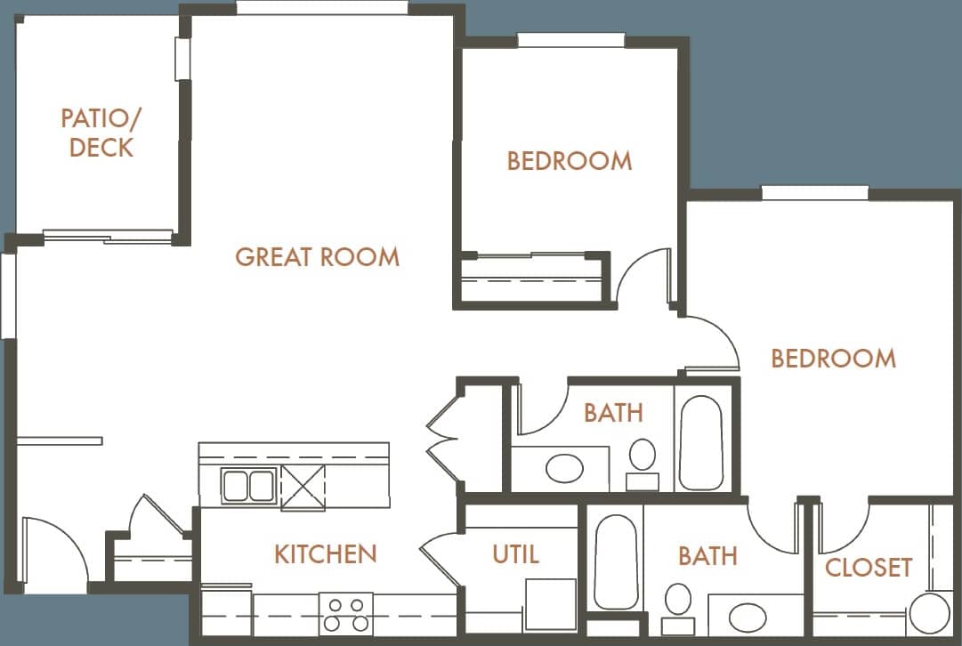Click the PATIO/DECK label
point(101,133)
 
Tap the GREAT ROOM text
point(317,257)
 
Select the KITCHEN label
point(325,554)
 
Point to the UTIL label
point(515,554)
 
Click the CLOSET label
point(869,568)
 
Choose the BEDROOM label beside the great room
point(570,161)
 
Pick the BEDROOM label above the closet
point(833,359)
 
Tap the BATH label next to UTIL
point(707,557)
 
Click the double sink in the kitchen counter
point(248,487)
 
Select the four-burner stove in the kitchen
point(345,613)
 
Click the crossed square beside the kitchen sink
point(303,488)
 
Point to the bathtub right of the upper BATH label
point(701,441)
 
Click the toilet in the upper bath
point(642,460)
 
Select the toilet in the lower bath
point(679,605)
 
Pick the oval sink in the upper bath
point(563,468)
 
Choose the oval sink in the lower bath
point(747,616)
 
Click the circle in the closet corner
point(931,614)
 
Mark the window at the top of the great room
point(322,8)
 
